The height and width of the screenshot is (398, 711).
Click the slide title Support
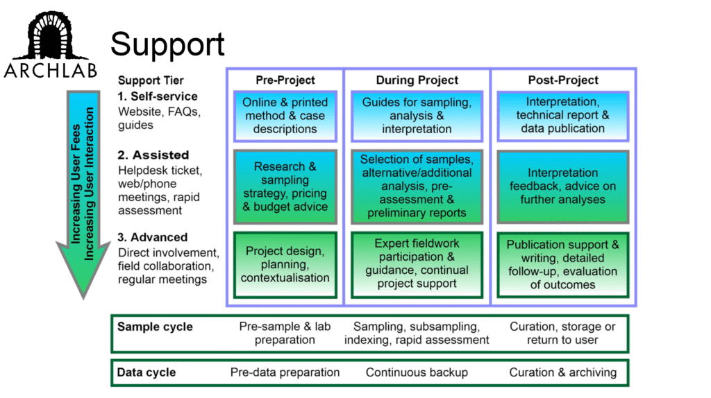(x=167, y=45)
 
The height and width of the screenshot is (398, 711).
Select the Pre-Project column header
(x=285, y=80)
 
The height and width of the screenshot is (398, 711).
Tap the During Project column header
(x=417, y=80)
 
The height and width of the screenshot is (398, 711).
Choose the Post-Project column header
(x=562, y=80)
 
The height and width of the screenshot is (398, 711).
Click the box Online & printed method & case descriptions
(x=285, y=116)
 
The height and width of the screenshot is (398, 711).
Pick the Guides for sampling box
(x=417, y=116)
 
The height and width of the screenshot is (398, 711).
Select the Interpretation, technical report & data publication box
(x=562, y=115)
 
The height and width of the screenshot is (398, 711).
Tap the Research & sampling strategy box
(x=285, y=187)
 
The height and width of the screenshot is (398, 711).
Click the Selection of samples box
(x=417, y=187)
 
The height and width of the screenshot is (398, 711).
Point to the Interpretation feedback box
(x=562, y=187)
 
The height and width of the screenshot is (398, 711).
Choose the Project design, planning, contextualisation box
(x=285, y=264)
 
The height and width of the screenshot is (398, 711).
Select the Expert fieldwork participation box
(x=417, y=263)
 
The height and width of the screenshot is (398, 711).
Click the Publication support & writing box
(x=562, y=264)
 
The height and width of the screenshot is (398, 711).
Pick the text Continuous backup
(x=417, y=372)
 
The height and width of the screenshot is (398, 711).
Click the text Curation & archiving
(x=562, y=372)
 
